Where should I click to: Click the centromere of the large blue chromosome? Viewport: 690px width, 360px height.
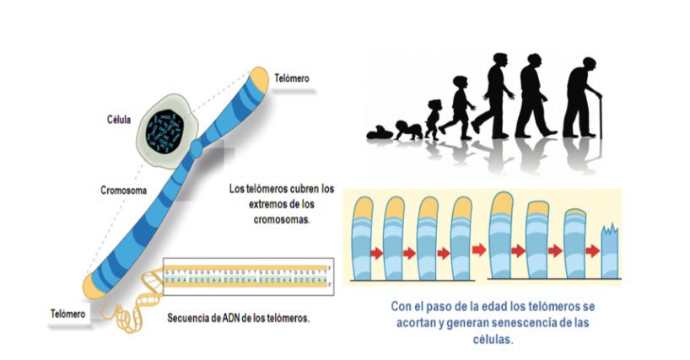click(x=197, y=150)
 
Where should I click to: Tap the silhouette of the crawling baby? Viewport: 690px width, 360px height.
click(x=411, y=130)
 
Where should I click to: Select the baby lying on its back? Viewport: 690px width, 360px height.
click(x=381, y=132)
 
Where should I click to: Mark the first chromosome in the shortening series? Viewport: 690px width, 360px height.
click(x=364, y=239)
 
